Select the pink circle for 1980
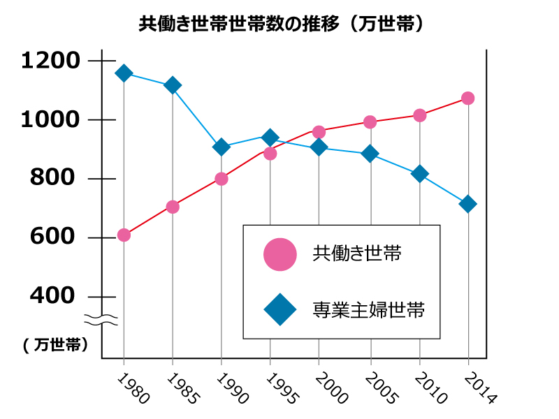coord(124,235)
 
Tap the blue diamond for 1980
coord(124,73)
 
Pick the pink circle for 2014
coord(468,98)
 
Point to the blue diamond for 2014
coord(468,204)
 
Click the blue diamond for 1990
coord(222,147)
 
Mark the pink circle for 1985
coord(173,207)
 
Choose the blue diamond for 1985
coord(173,85)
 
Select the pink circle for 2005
coord(370,122)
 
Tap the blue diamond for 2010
coord(419,174)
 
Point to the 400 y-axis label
coord(52,296)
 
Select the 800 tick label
coord(52,179)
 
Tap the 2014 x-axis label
coord(478,388)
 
